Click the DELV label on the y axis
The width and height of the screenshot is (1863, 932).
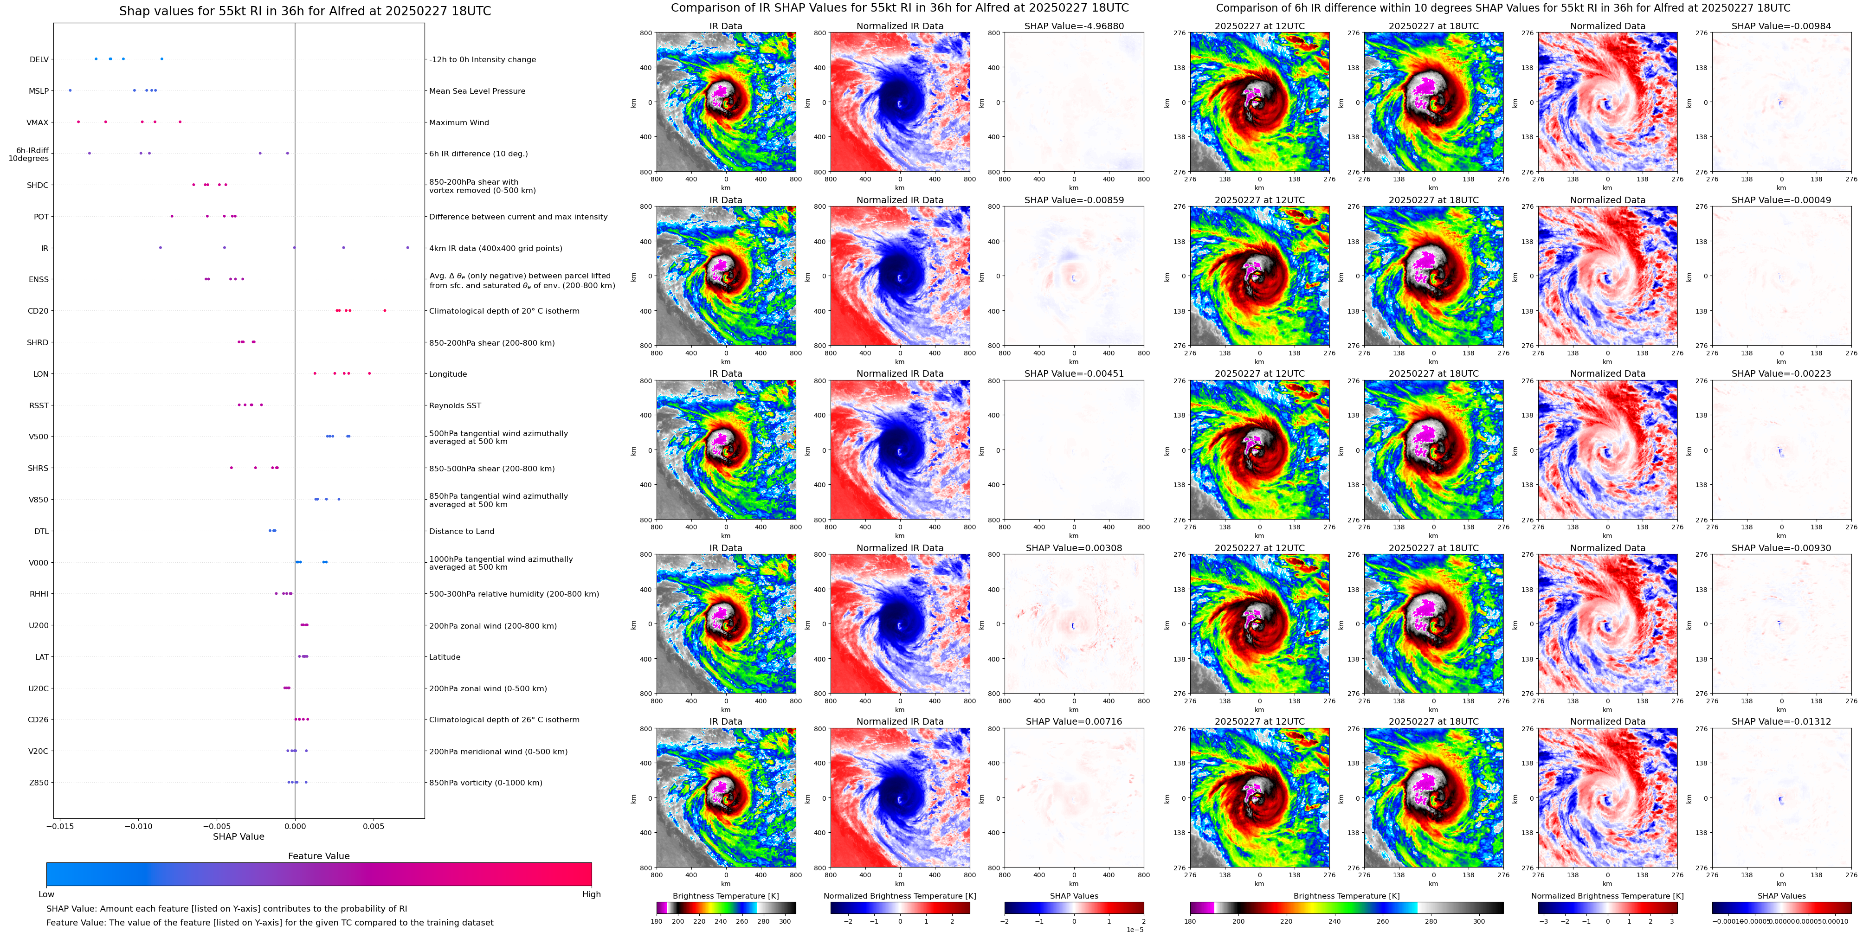pyautogui.click(x=39, y=59)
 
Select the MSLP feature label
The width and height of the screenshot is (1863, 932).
pyautogui.click(x=39, y=91)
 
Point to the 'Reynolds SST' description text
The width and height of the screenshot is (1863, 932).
pyautogui.click(x=454, y=405)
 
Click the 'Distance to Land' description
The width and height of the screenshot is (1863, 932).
pyautogui.click(x=461, y=532)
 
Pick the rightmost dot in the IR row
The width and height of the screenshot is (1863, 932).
pyautogui.click(x=407, y=248)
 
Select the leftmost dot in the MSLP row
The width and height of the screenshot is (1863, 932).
pyautogui.click(x=70, y=90)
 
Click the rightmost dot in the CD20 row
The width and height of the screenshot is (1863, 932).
pyautogui.click(x=385, y=311)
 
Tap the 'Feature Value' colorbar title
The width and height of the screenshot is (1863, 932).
pyautogui.click(x=318, y=856)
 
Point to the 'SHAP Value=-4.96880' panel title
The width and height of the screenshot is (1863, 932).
pyautogui.click(x=1074, y=26)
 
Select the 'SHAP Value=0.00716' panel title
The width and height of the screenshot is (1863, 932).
pyautogui.click(x=1074, y=721)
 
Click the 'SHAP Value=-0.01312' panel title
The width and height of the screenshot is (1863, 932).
pyautogui.click(x=1781, y=721)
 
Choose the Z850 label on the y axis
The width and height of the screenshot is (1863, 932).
pyautogui.click(x=39, y=782)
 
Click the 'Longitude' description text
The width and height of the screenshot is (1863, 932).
pyautogui.click(x=448, y=374)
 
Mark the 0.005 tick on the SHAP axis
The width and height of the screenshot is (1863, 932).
pyautogui.click(x=373, y=826)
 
